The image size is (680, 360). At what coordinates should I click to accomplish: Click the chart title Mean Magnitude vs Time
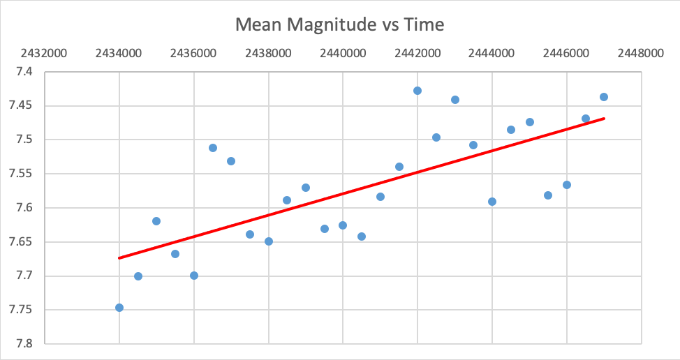coord(339,25)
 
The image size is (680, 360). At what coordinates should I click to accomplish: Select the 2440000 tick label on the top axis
coord(343,54)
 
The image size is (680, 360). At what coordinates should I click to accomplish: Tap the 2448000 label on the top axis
coord(641,54)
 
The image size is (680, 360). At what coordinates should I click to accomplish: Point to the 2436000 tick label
coord(194,54)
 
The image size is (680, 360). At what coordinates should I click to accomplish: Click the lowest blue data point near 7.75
coord(119,308)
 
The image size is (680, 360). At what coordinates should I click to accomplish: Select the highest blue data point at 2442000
coord(417,91)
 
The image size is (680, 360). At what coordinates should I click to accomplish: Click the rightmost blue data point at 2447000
coord(604,97)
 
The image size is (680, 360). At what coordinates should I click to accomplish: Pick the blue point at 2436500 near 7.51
coord(213,148)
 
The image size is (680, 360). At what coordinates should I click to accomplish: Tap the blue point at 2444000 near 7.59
coord(492,202)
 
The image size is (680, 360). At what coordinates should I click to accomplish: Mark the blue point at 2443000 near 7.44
coord(455,100)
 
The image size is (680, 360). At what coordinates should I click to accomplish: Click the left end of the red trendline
coord(120,258)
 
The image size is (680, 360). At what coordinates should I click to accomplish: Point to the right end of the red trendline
coord(604,119)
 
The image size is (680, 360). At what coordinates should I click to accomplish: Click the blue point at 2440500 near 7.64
coord(362,237)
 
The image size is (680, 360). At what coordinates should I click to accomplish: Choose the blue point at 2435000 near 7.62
coord(156,221)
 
